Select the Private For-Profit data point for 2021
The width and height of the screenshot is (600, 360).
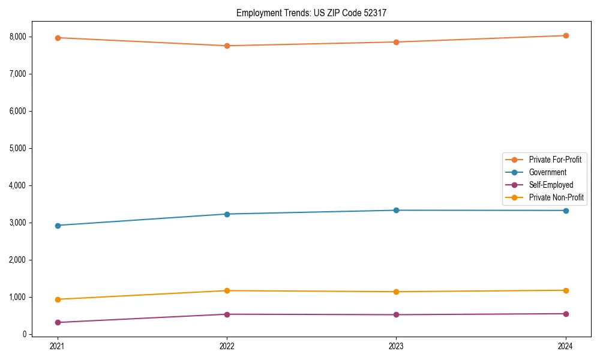[58, 38]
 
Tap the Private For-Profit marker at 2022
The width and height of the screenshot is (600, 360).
[227, 46]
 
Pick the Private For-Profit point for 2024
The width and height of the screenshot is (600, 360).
[566, 35]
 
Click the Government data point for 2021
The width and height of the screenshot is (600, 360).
[58, 226]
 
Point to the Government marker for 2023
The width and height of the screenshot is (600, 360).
[396, 210]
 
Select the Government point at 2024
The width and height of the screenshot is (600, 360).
[566, 211]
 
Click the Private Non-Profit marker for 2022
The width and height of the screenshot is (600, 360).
[227, 291]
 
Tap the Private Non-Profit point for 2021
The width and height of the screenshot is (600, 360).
[58, 299]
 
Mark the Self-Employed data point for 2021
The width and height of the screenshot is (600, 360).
[58, 323]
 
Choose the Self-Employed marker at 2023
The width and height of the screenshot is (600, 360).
[396, 315]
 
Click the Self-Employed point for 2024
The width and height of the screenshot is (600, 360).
[566, 314]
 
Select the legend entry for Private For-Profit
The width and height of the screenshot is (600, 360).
[554, 160]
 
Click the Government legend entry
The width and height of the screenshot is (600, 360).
[547, 172]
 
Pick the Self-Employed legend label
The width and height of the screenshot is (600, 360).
[551, 185]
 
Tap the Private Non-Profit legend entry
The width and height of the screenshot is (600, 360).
[556, 197]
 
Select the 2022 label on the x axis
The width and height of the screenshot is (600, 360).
[227, 346]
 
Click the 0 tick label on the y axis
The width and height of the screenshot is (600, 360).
[24, 334]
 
